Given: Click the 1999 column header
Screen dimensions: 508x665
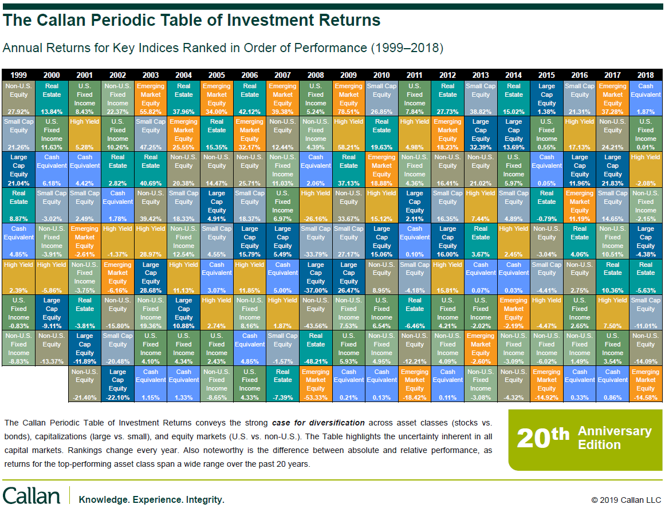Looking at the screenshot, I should pyautogui.click(x=19, y=75).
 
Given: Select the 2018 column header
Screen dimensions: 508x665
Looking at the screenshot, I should pyautogui.click(x=646, y=75).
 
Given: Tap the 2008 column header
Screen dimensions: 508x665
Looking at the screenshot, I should pyautogui.click(x=316, y=75).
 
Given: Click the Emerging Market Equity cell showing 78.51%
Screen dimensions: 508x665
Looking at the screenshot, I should pyautogui.click(x=349, y=99).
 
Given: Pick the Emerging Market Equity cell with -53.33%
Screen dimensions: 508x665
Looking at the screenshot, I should pyautogui.click(x=316, y=383).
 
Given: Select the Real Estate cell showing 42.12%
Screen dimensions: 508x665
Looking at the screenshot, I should pyautogui.click(x=250, y=99).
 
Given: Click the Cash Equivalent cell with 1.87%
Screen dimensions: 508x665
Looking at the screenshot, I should pyautogui.click(x=646, y=99).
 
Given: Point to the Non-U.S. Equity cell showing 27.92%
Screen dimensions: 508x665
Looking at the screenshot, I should pyautogui.click(x=19, y=99).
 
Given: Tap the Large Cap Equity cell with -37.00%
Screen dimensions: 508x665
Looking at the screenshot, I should pyautogui.click(x=316, y=277).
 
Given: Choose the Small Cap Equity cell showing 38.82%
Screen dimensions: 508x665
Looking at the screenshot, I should pyautogui.click(x=481, y=99).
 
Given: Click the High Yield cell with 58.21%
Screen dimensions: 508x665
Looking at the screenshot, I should pyautogui.click(x=349, y=134).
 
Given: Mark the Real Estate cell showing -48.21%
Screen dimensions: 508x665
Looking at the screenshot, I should pyautogui.click(x=316, y=348).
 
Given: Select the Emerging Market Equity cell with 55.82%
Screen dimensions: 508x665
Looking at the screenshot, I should pyautogui.click(x=151, y=99).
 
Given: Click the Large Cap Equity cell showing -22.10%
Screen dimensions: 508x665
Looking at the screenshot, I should pyautogui.click(x=118, y=383).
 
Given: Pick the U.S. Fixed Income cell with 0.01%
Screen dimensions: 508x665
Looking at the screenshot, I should pyautogui.click(x=646, y=134).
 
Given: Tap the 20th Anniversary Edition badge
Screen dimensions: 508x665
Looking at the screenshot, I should pyautogui.click(x=585, y=439).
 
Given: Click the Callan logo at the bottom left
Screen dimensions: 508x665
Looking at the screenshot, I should pyautogui.click(x=31, y=496).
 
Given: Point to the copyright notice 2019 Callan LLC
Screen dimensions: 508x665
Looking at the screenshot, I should pyautogui.click(x=626, y=500).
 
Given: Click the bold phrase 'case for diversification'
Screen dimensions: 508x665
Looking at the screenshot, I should pyautogui.click(x=317, y=423).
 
